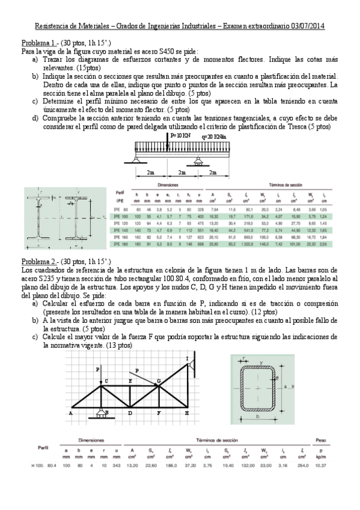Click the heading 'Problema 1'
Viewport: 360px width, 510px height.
[x=39, y=44]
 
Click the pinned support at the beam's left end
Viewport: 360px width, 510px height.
[x=138, y=159]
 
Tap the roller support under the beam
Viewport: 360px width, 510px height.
[x=200, y=160]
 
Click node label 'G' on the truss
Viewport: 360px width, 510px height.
[x=158, y=381]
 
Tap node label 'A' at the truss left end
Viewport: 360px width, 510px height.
[x=71, y=414]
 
